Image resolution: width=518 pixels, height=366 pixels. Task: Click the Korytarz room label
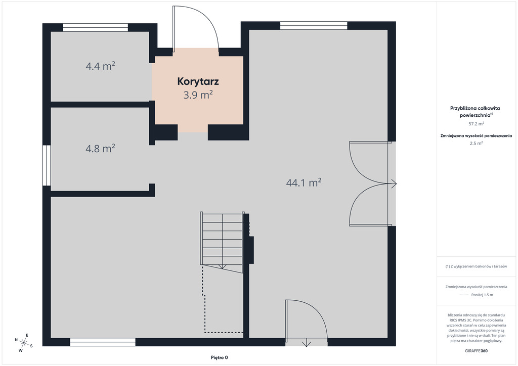pos(198,81)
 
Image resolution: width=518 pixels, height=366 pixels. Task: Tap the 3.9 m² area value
pos(198,95)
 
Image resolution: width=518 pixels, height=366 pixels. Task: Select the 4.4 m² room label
pos(101,66)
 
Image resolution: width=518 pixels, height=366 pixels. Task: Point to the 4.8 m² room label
pos(101,149)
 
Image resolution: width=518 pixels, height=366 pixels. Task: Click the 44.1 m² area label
pos(304,182)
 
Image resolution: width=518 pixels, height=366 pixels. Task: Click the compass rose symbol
pos(23,343)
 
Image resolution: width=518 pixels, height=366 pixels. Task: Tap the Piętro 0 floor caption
pos(220,357)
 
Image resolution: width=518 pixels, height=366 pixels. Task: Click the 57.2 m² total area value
pos(476,124)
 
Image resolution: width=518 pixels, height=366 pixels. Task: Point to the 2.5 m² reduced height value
pos(476,143)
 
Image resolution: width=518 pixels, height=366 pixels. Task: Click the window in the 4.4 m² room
pos(96,27)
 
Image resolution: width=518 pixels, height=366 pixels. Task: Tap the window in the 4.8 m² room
pos(47,165)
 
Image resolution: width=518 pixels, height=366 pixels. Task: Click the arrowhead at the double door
pos(394,184)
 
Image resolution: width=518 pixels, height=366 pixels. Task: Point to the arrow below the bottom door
pos(307,343)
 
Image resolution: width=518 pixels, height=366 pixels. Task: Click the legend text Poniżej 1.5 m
pos(482,295)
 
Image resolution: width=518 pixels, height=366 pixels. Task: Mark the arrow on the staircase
pos(223,266)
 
